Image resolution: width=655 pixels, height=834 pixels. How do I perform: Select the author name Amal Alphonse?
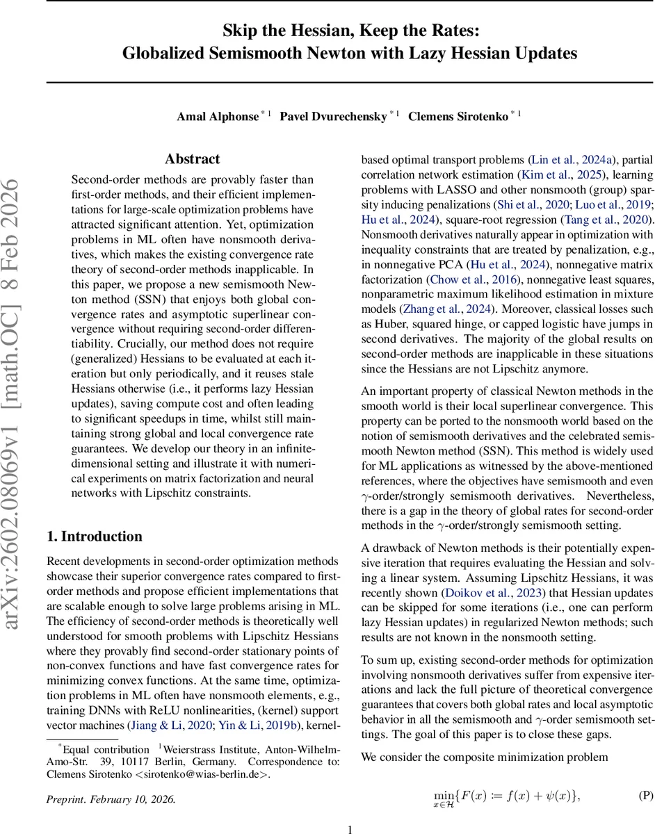tap(218, 116)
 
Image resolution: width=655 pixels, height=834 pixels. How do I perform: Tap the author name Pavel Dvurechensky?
tap(332, 116)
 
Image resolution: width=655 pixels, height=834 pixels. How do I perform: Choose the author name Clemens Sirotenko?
tap(457, 116)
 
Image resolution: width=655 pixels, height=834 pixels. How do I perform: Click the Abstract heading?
tap(193, 159)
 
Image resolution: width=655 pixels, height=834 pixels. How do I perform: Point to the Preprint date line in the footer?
tap(111, 799)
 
